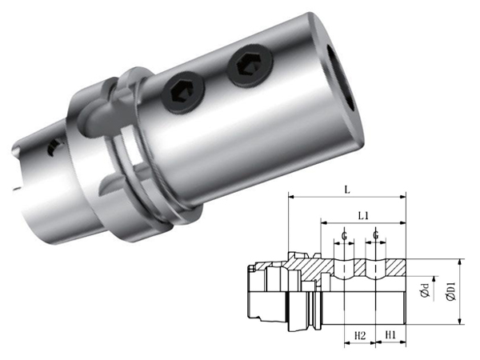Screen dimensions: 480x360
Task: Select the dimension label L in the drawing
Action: click(x=346, y=190)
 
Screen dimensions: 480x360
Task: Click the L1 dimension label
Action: click(x=363, y=215)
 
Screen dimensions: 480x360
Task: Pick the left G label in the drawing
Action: click(x=344, y=236)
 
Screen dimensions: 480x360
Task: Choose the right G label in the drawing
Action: click(x=376, y=235)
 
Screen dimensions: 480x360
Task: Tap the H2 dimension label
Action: click(x=360, y=335)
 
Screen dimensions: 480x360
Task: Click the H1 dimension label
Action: click(x=390, y=335)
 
